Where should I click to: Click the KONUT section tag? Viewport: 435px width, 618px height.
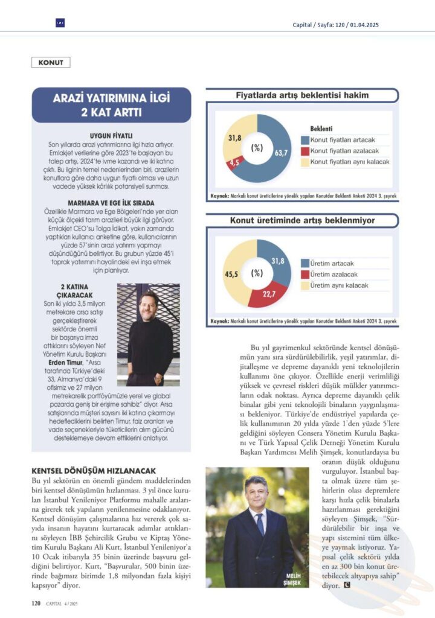click(51, 62)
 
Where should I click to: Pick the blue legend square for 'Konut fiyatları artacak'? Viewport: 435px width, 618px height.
click(305, 140)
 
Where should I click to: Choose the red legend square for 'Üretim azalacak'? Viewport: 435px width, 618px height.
click(305, 275)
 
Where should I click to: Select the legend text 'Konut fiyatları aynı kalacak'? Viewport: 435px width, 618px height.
click(350, 162)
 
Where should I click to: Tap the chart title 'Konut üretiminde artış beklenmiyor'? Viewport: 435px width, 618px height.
click(302, 222)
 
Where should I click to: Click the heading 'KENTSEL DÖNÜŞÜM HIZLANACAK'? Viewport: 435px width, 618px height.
click(94, 470)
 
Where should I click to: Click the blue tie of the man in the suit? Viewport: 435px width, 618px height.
click(260, 525)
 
